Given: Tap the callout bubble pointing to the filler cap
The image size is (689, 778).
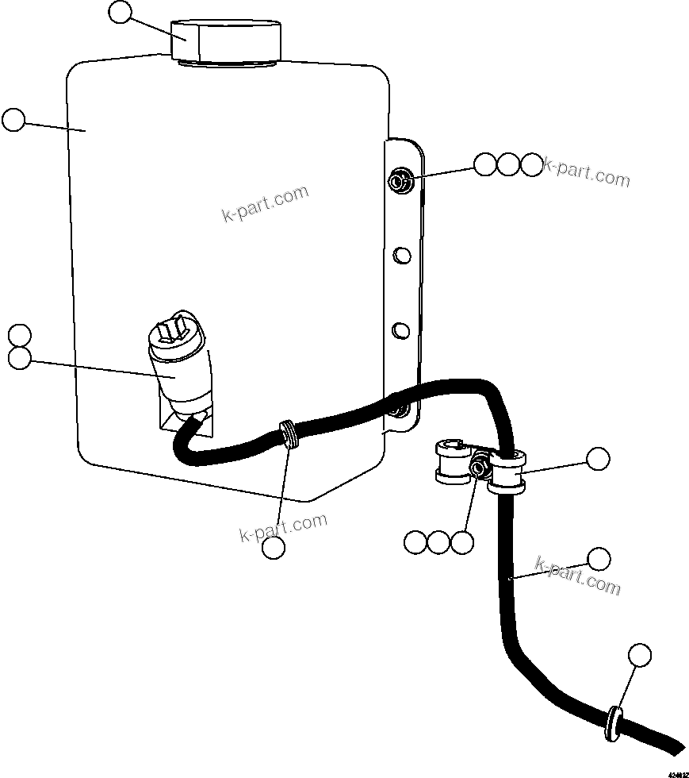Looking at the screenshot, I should (x=120, y=12).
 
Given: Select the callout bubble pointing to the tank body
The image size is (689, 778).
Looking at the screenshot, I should (x=13, y=121).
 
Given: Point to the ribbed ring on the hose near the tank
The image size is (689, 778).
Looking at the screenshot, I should (x=290, y=436).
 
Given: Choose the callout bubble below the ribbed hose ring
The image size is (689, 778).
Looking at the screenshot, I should (x=274, y=547).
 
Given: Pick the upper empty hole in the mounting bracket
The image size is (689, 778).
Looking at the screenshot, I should (x=402, y=255).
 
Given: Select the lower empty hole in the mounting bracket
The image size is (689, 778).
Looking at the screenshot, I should (x=402, y=328).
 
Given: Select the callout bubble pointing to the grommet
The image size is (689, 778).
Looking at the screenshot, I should (x=639, y=655).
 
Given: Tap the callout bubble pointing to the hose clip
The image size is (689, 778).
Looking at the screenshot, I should (x=598, y=458).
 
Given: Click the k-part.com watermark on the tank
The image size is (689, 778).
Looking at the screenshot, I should (x=265, y=204).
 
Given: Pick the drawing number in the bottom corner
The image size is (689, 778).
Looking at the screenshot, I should (x=677, y=772).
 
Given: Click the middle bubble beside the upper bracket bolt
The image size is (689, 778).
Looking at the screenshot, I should (x=508, y=164).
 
